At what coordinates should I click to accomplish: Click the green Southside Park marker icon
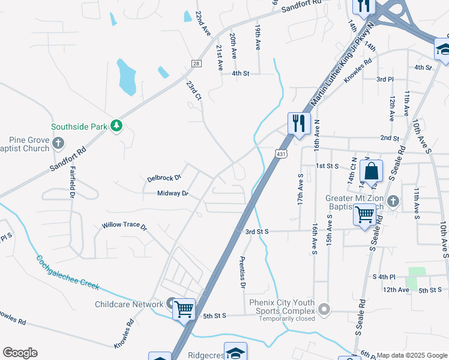(x=116, y=126)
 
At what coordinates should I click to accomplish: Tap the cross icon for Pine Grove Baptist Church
(x=58, y=143)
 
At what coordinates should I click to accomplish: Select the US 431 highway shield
(x=281, y=155)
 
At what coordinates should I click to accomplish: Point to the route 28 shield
(x=196, y=63)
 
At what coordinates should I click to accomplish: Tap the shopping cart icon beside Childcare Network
(x=184, y=310)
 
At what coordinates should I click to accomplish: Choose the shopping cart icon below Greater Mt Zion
(x=365, y=214)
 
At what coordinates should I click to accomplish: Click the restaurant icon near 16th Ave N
(x=299, y=123)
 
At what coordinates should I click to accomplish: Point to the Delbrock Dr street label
(x=164, y=178)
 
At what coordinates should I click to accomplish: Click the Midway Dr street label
(x=173, y=194)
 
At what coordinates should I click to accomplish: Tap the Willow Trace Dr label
(x=124, y=226)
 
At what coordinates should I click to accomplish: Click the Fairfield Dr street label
(x=72, y=182)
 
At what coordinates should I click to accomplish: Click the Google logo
(x=20, y=353)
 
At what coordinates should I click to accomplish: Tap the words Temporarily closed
(x=286, y=319)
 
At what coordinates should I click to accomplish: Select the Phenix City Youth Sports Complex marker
(x=325, y=310)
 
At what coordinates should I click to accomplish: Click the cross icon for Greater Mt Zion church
(x=393, y=200)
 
